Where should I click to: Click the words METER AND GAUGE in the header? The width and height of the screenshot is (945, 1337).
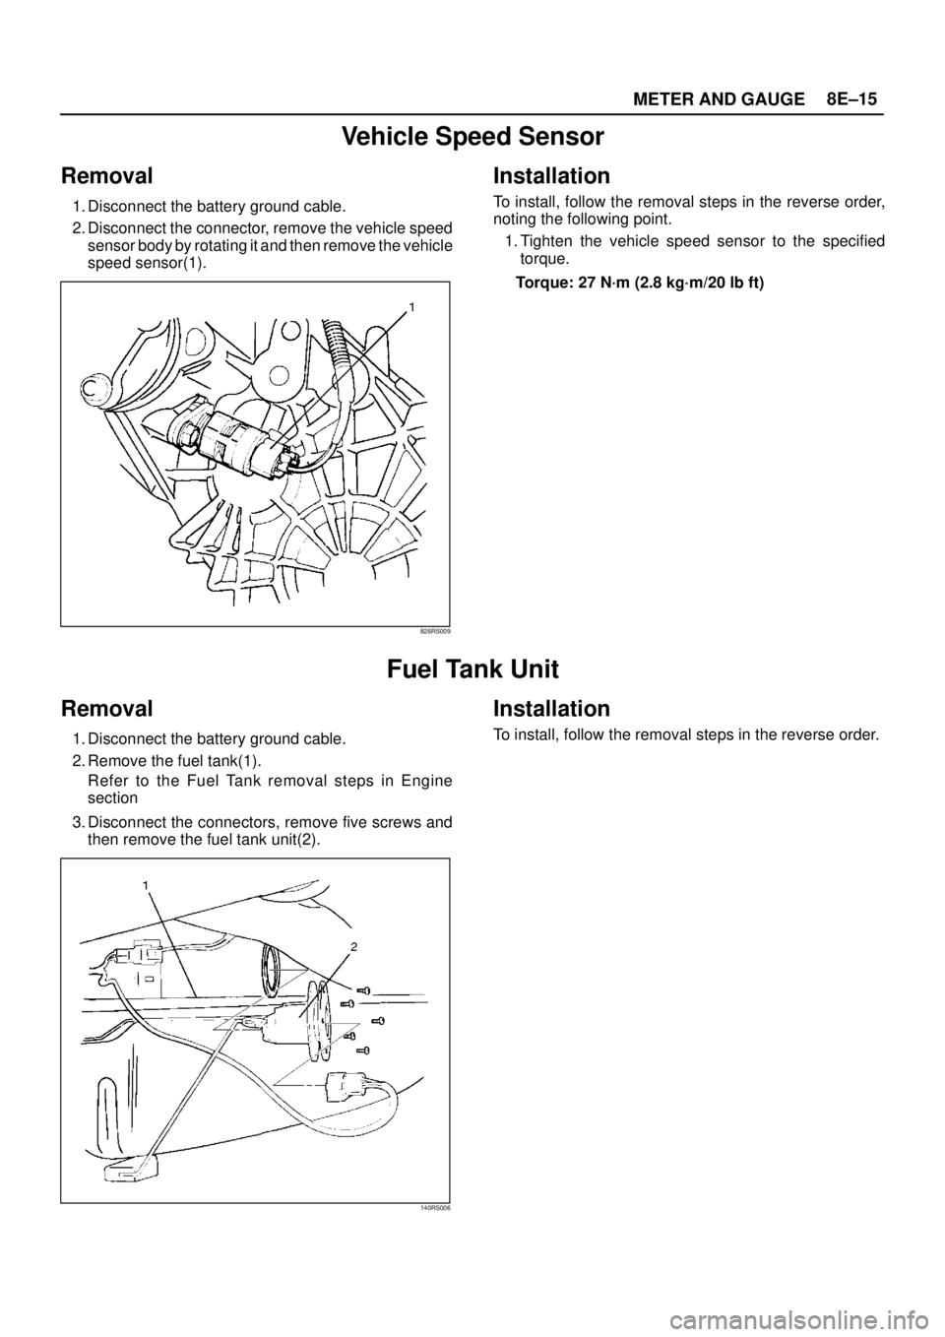point(719,99)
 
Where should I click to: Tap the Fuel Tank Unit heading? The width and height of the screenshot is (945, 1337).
point(472,669)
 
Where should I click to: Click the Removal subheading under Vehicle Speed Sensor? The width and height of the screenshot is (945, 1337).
point(106,176)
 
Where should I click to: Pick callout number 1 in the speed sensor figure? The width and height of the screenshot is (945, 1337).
point(412,308)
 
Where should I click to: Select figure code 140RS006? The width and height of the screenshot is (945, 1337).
point(434,1207)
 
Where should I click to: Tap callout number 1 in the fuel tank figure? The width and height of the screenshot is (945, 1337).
point(145,886)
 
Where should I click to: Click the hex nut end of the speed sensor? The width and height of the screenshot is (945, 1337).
point(183,429)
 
